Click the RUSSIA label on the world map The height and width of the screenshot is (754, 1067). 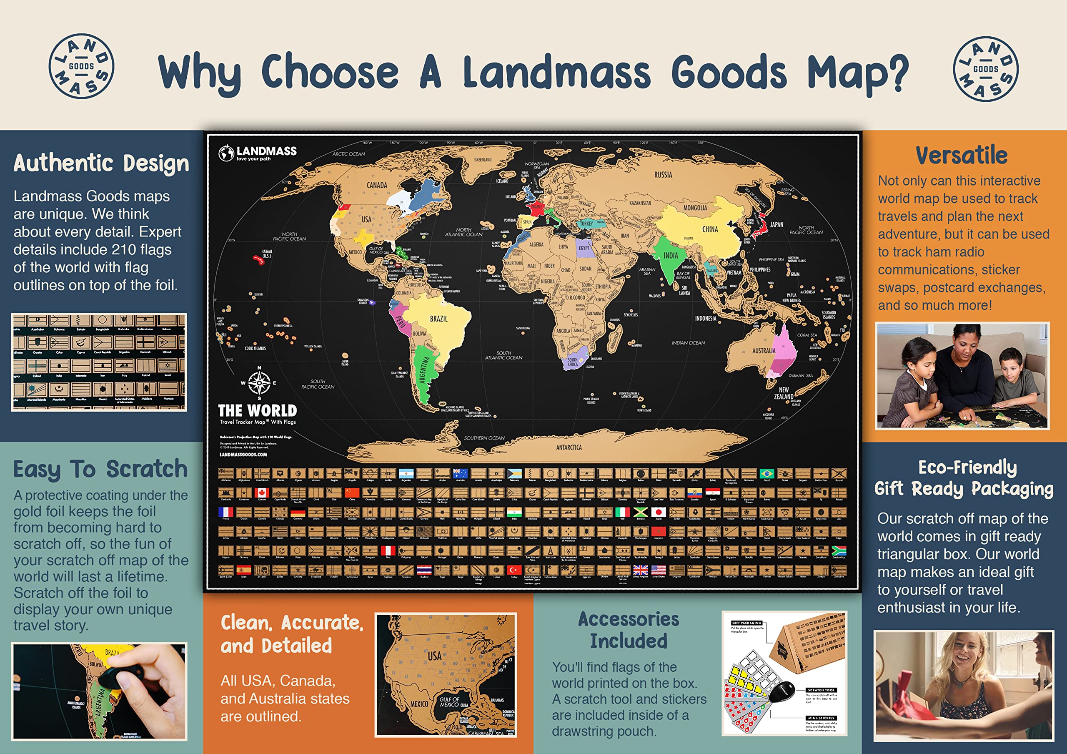pos(663,175)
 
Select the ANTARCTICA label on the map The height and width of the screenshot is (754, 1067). pos(569,447)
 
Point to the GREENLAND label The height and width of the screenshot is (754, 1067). pos(483,160)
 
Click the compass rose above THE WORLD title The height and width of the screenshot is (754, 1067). pos(259,382)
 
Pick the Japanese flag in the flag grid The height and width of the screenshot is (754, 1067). pos(659,512)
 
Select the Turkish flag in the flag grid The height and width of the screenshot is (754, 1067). pos(514,570)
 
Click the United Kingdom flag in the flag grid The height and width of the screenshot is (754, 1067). pos(640,570)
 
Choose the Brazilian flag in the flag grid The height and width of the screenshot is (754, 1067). pos(766,474)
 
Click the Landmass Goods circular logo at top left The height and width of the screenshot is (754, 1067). pos(81,66)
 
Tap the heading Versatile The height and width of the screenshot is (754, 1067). pos(962,155)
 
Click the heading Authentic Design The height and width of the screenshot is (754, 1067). pos(101,163)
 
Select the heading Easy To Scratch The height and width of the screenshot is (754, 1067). pos(100,469)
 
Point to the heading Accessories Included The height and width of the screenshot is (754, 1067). pos(628,630)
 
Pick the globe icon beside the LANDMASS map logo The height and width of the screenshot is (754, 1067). pos(226,153)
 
